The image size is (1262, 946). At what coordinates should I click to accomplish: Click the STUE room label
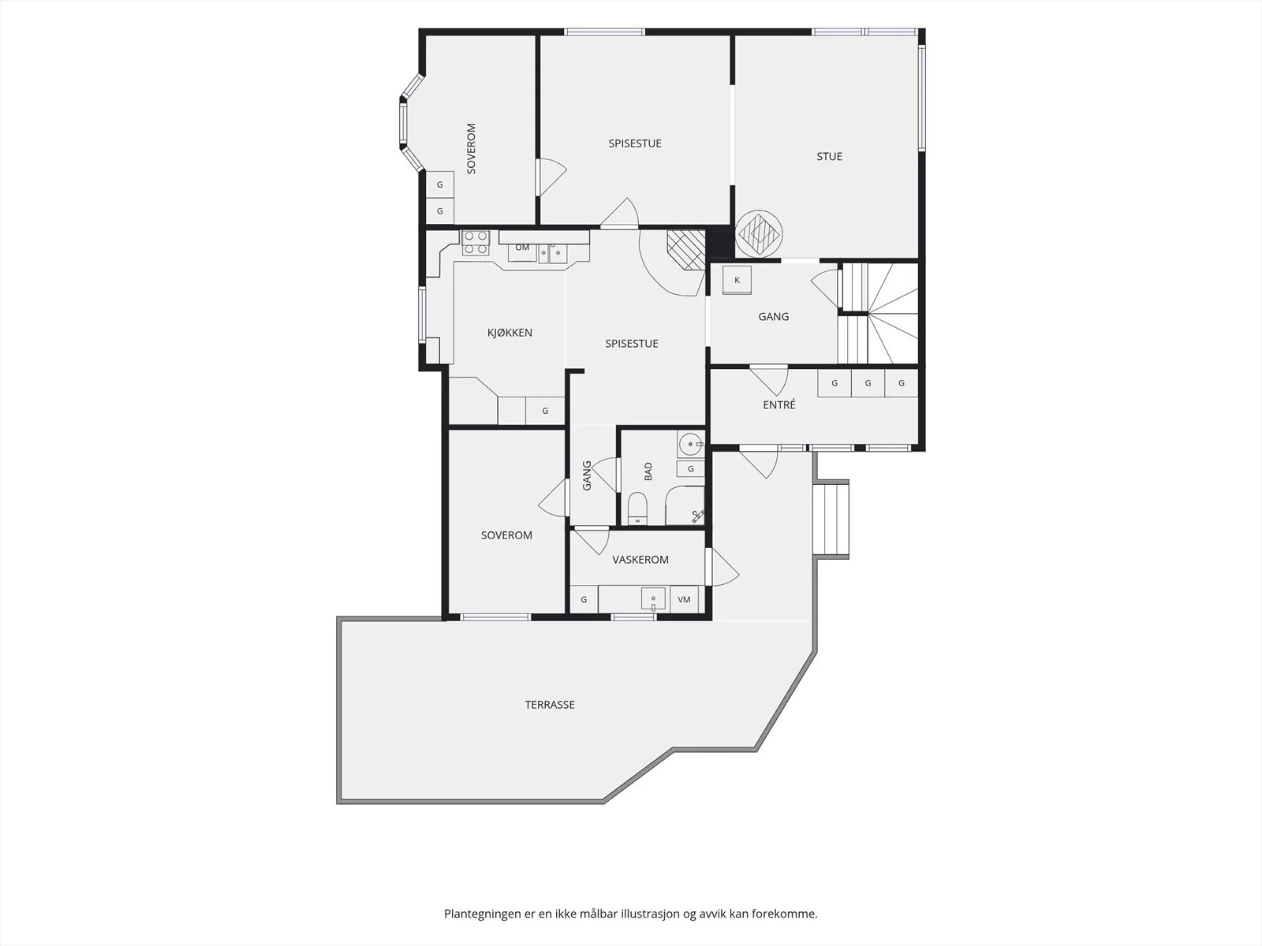[829, 156]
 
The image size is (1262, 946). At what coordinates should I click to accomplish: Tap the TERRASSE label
[550, 705]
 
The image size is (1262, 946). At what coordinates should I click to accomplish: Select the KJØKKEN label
[510, 333]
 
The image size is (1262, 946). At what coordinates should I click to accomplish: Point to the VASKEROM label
[640, 560]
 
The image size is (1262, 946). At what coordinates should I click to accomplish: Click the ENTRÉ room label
[779, 404]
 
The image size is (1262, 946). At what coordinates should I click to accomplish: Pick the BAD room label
[648, 471]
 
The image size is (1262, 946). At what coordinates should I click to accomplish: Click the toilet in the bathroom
[637, 508]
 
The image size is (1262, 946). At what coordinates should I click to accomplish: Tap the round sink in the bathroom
[690, 444]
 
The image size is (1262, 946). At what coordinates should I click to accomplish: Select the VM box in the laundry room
[684, 600]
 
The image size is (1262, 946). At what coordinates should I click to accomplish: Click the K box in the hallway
[737, 281]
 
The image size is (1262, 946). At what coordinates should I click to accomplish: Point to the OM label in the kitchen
[522, 248]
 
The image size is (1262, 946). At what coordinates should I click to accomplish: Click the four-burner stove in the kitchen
[476, 242]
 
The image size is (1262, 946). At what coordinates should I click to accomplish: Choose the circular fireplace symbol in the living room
[759, 234]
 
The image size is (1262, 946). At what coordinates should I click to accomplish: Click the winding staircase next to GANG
[879, 313]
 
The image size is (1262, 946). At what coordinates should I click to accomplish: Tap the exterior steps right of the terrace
[832, 520]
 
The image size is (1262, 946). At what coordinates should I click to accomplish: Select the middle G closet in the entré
[868, 383]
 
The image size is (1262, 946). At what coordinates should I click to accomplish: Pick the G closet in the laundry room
[584, 600]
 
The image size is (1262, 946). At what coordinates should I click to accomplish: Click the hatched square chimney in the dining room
[686, 249]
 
